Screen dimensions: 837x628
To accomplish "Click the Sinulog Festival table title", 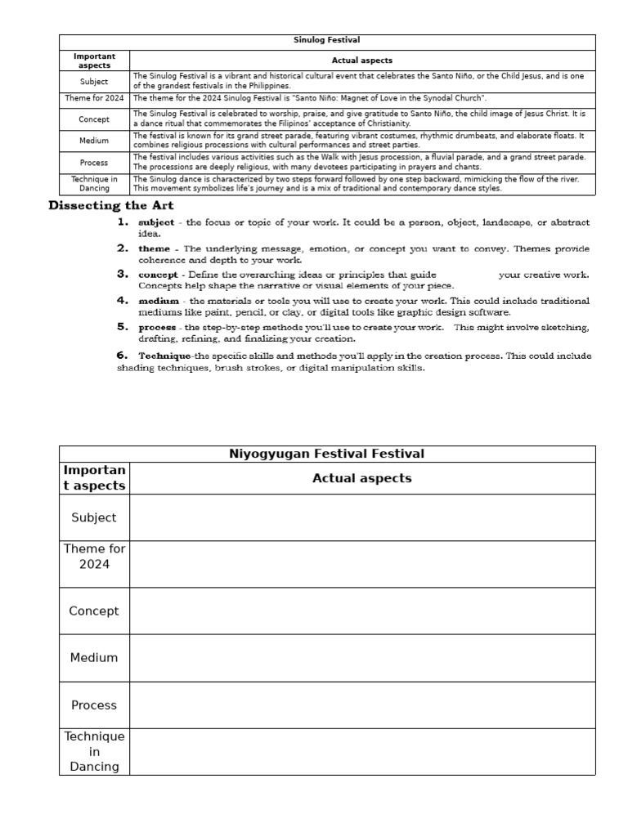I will pos(326,40).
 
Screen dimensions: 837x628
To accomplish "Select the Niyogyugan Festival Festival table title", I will pos(326,454).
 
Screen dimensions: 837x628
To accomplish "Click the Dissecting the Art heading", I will pos(111,205).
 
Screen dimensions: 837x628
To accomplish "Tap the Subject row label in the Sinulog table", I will pos(94,82).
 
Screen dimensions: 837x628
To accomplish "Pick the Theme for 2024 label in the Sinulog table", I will pos(94,98).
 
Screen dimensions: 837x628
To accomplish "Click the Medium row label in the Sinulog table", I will pos(94,141).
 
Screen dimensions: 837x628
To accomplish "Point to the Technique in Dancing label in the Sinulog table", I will pos(94,183).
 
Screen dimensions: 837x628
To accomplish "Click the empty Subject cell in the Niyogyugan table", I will pos(362,517).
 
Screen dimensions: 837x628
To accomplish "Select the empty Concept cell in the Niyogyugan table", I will pos(362,611).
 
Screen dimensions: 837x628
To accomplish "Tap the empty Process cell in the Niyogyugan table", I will pos(362,705).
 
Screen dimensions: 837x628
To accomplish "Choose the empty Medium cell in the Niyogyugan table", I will pos(362,657).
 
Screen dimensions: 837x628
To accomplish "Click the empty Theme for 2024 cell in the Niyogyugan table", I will pos(362,564).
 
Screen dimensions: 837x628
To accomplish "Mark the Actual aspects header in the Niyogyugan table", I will pos(362,478).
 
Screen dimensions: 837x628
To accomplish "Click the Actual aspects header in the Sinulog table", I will pos(362,60).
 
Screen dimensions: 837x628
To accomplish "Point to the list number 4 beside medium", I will pos(122,301).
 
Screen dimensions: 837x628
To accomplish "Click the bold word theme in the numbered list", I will pos(155,248).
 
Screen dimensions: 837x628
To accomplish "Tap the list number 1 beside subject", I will pos(122,222).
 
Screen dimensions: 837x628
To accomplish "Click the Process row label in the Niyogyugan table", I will pos(94,705).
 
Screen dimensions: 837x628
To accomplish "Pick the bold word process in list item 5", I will pos(157,327).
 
